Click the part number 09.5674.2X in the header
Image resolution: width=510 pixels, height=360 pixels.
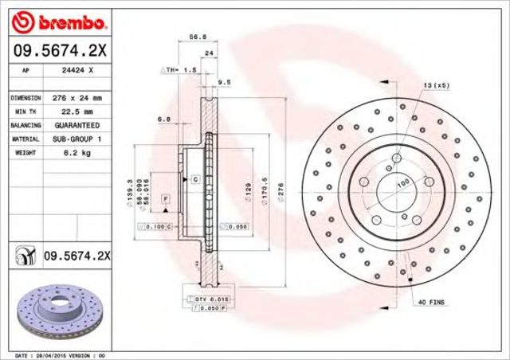pyautogui.click(x=50, y=53)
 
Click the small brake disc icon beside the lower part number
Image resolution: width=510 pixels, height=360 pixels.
pyautogui.click(x=25, y=256)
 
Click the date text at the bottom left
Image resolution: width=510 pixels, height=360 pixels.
pyautogui.click(x=61, y=354)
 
